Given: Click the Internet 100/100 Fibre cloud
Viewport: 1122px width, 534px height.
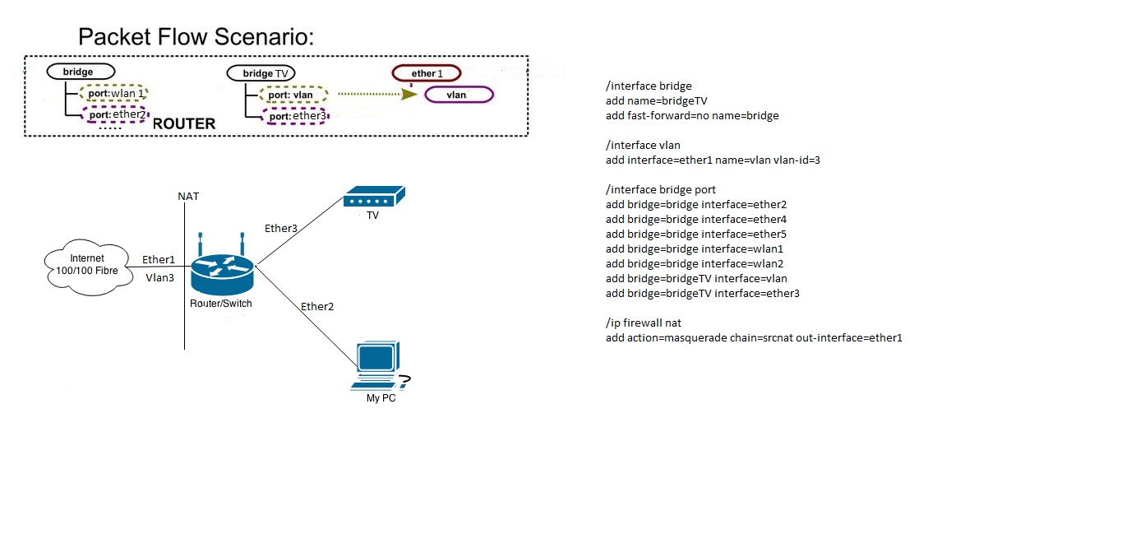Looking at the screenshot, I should [86, 265].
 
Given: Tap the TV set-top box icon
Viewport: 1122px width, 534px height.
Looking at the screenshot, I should [374, 197].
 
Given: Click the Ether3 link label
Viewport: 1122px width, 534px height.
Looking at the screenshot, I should [281, 228].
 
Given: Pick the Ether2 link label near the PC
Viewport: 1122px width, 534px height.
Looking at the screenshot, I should [317, 307].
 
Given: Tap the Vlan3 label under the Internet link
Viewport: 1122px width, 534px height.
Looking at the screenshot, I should [160, 278].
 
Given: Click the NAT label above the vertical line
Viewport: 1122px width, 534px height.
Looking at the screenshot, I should [188, 197].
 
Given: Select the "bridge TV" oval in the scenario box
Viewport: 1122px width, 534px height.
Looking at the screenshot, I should [261, 74].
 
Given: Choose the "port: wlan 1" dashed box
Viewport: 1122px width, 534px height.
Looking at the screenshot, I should [113, 93].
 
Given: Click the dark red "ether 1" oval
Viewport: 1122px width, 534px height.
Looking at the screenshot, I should [427, 74].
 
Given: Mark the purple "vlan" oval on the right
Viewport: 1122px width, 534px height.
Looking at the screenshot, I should [458, 95].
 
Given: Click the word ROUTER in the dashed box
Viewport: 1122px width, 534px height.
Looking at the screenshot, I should [184, 124].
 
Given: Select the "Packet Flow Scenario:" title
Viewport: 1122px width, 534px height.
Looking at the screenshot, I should [196, 37].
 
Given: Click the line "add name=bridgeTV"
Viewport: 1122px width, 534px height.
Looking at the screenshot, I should [656, 101].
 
